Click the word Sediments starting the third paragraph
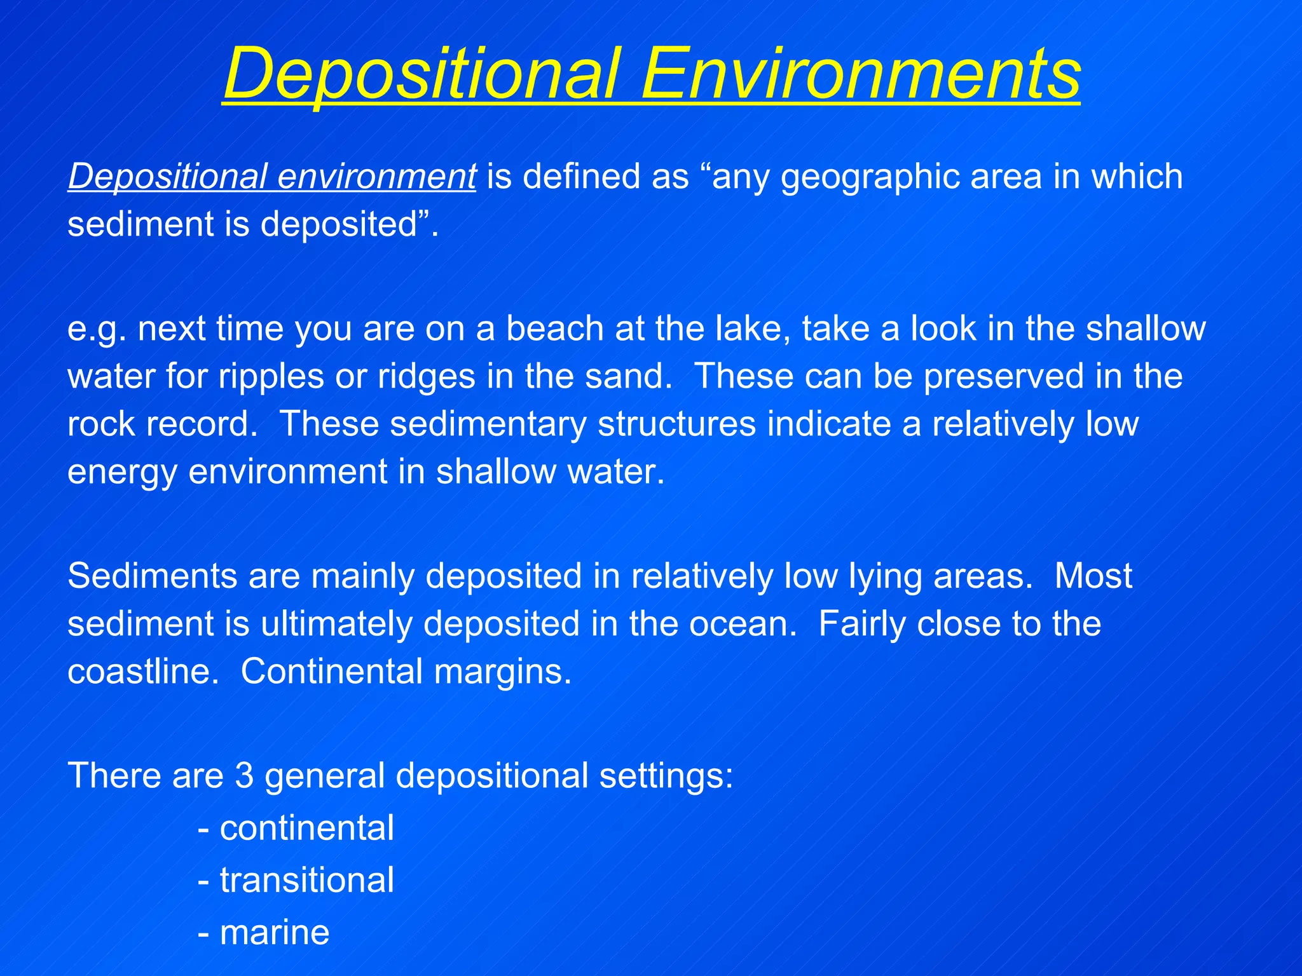152,576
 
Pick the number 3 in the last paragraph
244,776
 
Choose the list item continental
306,828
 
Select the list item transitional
306,880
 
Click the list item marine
274,932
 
